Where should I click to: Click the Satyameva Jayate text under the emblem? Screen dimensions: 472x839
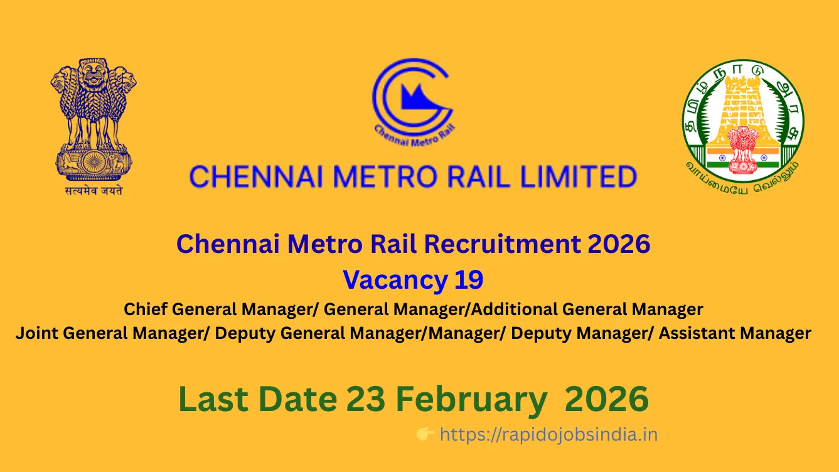[94, 190]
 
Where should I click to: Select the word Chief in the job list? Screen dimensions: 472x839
[146, 309]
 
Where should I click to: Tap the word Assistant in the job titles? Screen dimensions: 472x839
[695, 333]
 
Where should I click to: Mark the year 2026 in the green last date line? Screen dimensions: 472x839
[606, 400]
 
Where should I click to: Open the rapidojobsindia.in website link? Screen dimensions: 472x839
[548, 434]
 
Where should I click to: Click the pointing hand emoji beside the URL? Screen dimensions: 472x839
[425, 434]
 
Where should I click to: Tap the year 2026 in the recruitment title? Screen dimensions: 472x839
[619, 244]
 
